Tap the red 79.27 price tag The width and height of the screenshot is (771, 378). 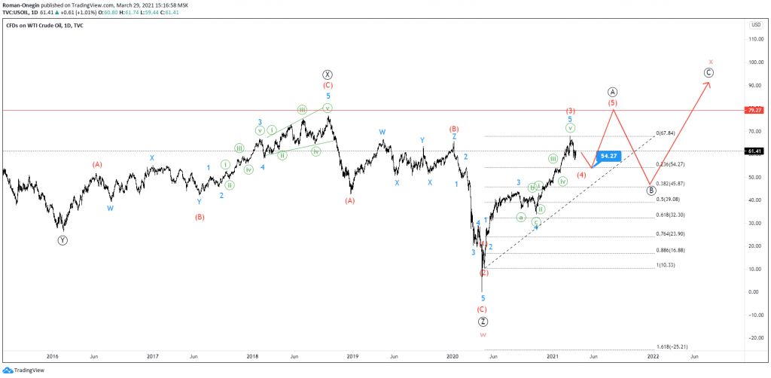[x=754, y=110]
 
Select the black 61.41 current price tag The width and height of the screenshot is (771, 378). [x=754, y=151]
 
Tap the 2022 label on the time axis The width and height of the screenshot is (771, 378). [x=653, y=355]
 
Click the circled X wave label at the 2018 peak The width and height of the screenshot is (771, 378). [x=328, y=75]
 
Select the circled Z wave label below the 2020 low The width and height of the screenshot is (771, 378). [x=483, y=322]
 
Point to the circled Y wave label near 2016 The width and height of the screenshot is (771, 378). [x=62, y=240]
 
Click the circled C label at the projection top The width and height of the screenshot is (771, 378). [x=709, y=72]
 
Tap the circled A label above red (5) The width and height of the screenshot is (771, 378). [x=613, y=90]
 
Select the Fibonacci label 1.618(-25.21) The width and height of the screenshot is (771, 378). [x=671, y=346]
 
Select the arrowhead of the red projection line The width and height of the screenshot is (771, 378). [x=708, y=83]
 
